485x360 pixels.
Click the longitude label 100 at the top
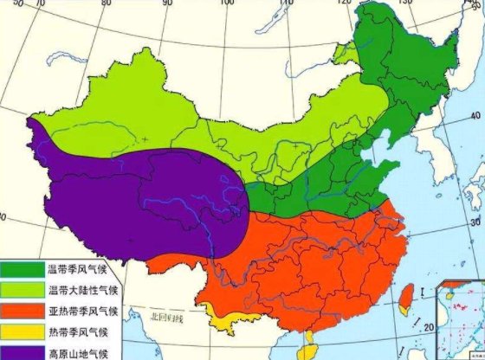click(x=228, y=4)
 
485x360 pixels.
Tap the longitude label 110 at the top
click(x=288, y=4)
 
